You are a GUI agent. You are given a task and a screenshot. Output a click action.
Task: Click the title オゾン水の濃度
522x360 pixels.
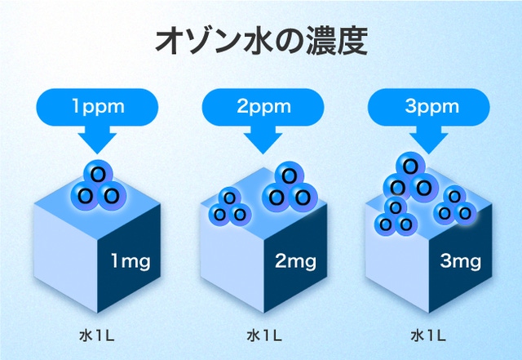click(261, 41)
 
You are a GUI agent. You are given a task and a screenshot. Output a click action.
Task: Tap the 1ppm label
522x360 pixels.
click(98, 107)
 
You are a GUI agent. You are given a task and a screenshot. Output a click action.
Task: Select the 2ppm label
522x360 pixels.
click(263, 107)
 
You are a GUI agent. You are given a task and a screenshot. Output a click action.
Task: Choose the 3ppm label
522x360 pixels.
click(431, 107)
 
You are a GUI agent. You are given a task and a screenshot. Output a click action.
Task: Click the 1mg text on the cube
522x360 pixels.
click(130, 261)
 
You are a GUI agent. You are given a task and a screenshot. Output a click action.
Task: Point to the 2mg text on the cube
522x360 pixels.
click(295, 261)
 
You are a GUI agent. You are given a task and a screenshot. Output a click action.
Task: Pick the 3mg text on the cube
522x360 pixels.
click(460, 261)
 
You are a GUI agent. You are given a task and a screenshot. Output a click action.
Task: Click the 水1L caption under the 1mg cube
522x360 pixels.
click(97, 336)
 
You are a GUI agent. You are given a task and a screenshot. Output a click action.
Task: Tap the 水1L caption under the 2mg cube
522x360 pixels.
click(264, 336)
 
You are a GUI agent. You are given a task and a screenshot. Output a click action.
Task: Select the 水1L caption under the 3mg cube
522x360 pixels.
click(428, 336)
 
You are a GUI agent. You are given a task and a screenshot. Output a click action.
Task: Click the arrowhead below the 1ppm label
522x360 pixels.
click(97, 143)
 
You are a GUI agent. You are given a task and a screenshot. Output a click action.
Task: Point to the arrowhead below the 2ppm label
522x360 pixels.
click(263, 143)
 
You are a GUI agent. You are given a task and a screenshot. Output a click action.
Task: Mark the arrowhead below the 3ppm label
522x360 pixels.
click(428, 143)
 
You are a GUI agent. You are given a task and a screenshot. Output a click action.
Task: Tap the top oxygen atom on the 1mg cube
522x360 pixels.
click(99, 173)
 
